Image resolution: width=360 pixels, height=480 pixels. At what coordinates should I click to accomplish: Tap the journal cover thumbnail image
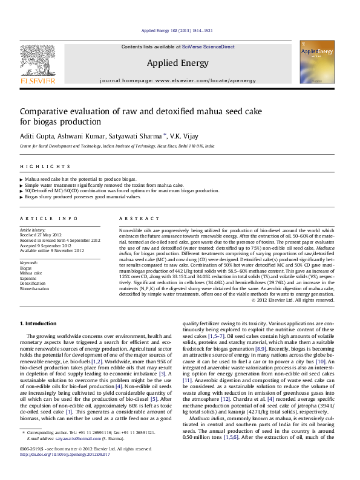(317, 62)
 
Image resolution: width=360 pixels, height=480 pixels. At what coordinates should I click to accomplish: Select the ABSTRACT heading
(134, 218)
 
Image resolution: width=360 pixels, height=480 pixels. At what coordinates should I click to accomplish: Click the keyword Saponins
(28, 278)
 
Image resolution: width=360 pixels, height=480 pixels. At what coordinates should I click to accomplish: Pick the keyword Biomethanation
(36, 288)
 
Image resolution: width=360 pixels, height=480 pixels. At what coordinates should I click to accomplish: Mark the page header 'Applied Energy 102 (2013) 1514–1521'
(176, 30)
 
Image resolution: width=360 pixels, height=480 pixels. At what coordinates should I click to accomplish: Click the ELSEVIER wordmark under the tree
(38, 80)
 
